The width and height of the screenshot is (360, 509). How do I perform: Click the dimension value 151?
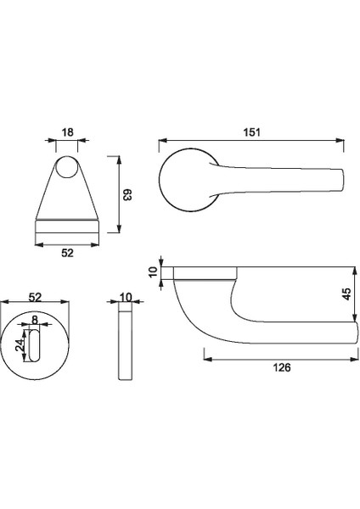point(251,132)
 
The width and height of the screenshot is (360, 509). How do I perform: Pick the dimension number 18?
point(67,133)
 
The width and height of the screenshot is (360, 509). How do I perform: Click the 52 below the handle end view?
point(67,253)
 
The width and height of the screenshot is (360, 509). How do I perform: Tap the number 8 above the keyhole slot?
point(35,320)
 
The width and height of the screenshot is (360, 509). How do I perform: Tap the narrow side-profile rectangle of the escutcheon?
point(126,349)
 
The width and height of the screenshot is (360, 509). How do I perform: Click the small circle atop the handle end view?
point(67,171)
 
